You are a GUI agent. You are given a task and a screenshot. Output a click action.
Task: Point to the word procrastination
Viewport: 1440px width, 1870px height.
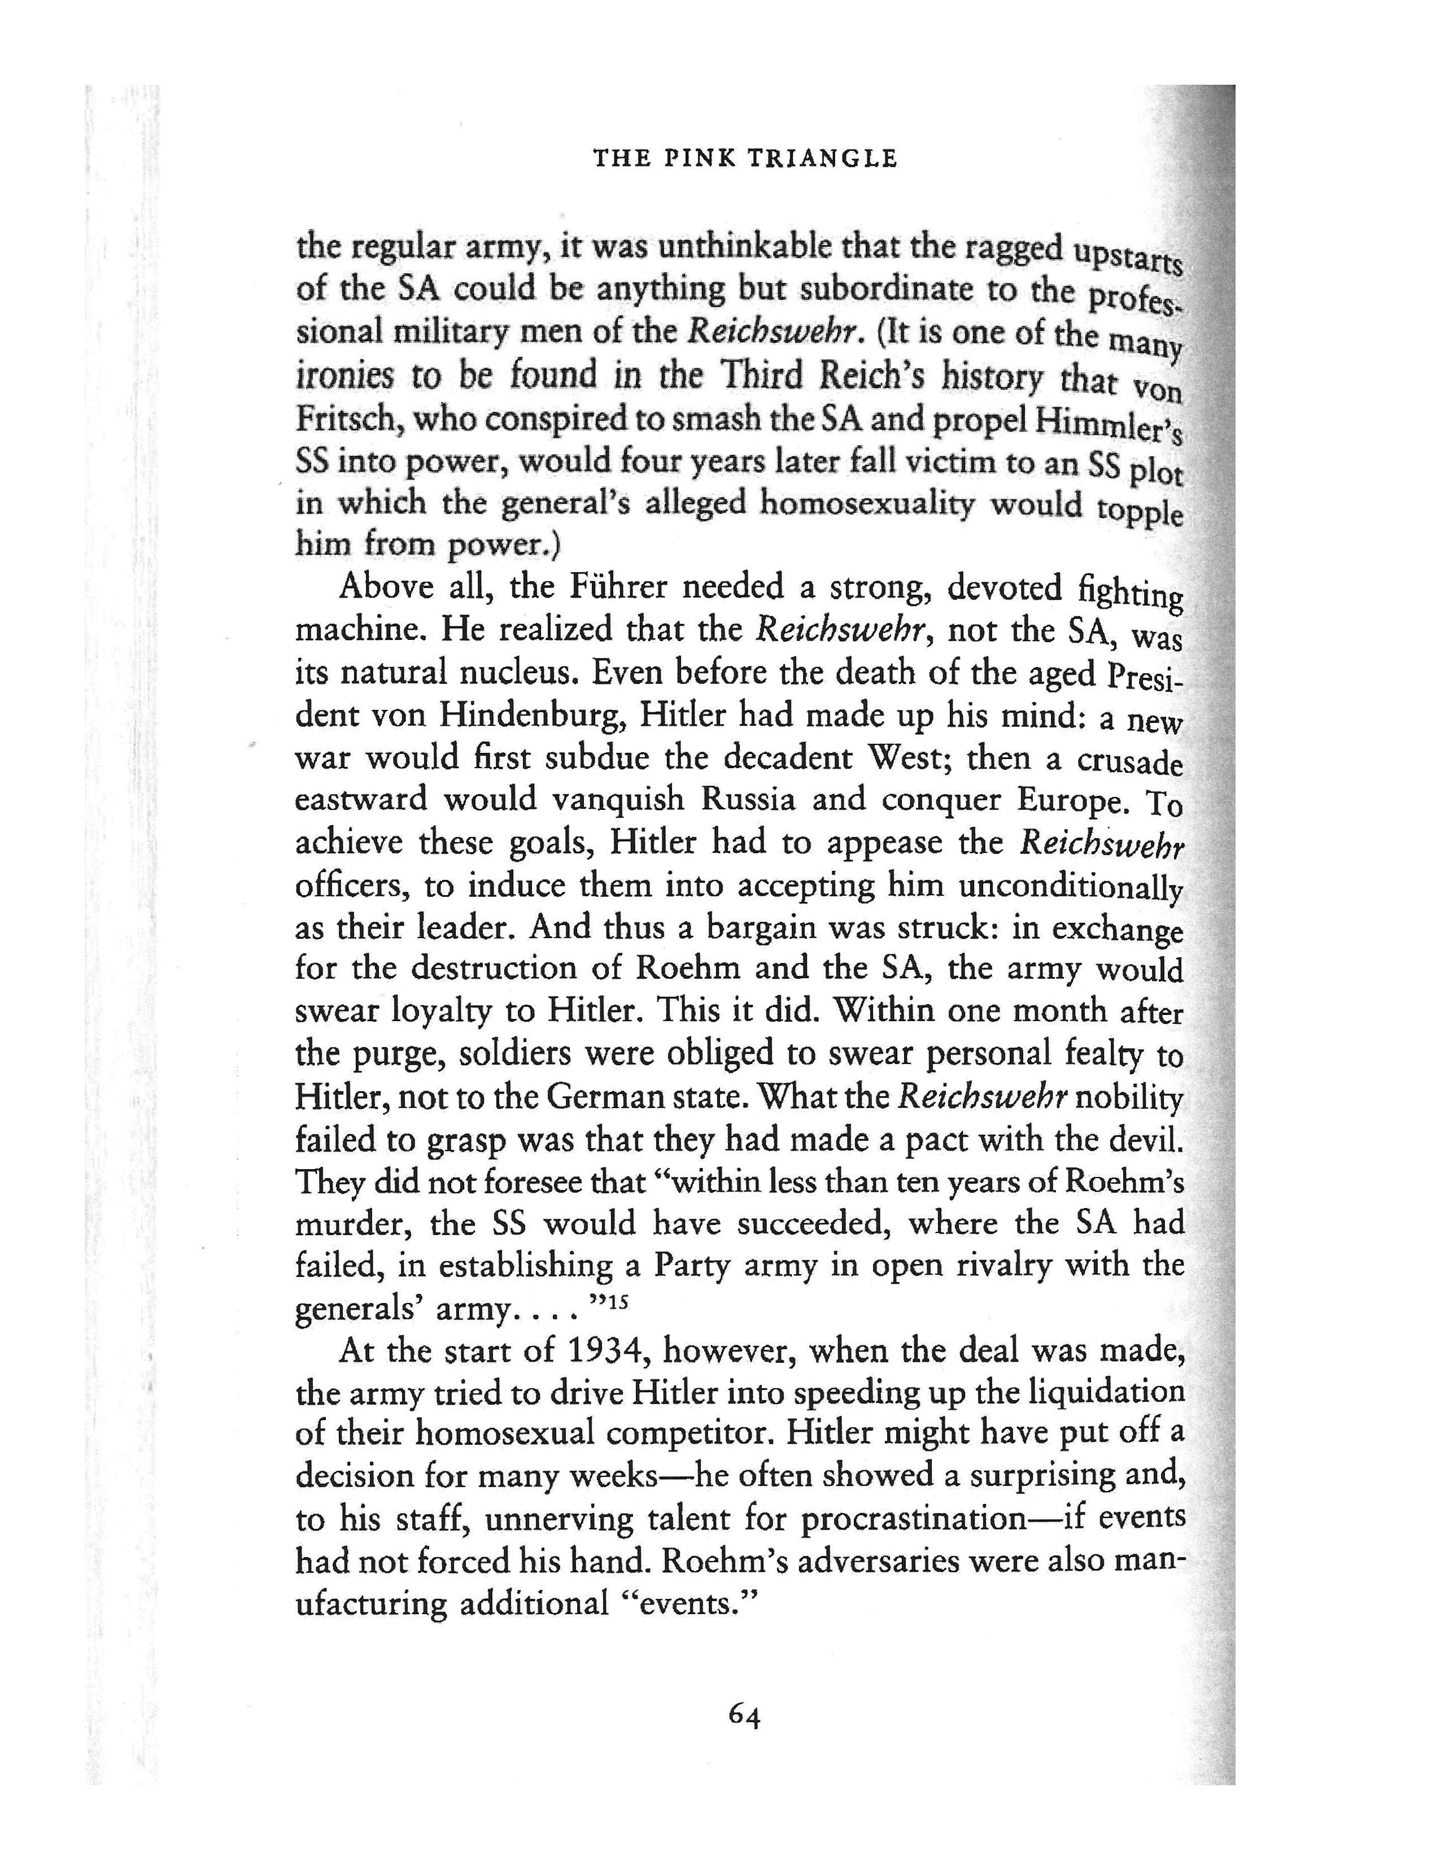(914, 1520)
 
